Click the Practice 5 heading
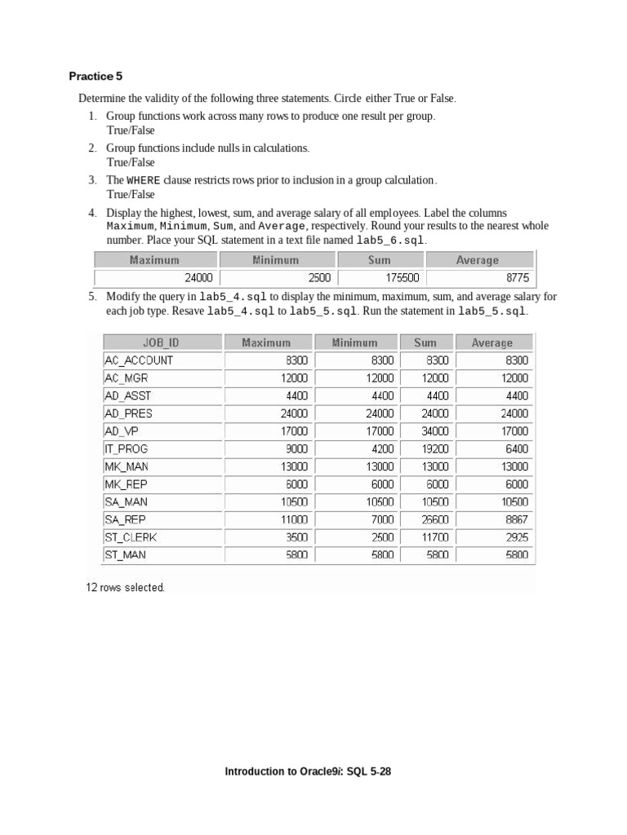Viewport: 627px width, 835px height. tap(96, 77)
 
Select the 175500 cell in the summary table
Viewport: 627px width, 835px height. tap(402, 278)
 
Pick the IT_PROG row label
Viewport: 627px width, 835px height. tap(126, 448)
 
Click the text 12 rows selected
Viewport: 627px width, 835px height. tap(125, 587)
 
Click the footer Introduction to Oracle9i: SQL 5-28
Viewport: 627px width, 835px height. tap(308, 771)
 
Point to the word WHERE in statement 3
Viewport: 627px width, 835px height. tap(143, 180)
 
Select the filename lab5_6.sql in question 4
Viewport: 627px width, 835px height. tap(390, 241)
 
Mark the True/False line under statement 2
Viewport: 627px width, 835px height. tap(130, 162)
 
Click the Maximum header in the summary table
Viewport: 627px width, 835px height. tap(154, 260)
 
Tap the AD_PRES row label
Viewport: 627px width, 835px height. tap(128, 413)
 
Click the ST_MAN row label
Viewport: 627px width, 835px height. tap(126, 555)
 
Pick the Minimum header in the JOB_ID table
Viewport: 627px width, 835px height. tap(354, 342)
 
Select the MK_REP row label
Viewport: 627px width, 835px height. tap(126, 484)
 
